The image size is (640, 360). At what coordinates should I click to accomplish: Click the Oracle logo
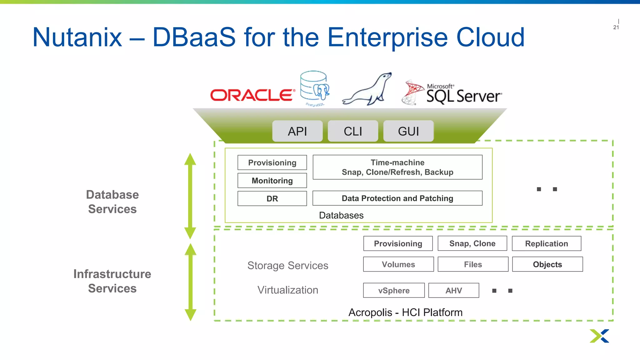252,95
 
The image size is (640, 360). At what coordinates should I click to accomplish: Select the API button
297,131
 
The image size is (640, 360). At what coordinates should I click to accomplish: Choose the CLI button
353,131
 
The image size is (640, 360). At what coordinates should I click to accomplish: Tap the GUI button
408,131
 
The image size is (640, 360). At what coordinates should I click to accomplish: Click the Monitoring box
272,181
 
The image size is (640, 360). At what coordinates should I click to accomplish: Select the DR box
272,198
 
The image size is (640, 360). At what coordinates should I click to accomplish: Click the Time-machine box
397,167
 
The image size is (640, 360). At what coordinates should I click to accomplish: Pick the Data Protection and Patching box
397,198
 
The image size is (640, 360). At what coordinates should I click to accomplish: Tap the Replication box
546,243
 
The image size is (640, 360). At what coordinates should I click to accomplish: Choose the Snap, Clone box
472,243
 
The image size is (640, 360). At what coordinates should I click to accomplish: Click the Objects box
547,264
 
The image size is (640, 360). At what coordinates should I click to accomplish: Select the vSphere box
394,290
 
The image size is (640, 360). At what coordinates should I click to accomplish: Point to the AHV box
453,290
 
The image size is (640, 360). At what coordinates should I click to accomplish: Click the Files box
473,264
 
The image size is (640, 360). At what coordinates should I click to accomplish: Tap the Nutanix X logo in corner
599,336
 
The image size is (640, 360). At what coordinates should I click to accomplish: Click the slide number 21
616,27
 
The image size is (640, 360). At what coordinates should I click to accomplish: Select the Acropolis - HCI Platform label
405,312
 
